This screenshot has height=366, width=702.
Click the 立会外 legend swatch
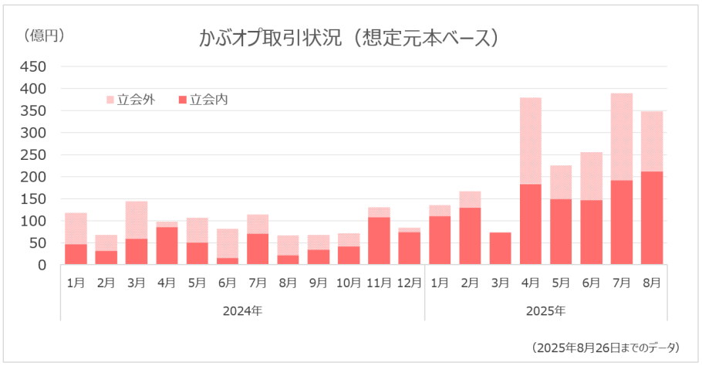coord(110,100)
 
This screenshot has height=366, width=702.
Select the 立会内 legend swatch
coord(183,100)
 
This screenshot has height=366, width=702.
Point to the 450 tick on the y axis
coord(34,67)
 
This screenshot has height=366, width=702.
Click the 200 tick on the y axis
coord(34,177)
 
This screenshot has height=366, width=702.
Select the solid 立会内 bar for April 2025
coord(530,224)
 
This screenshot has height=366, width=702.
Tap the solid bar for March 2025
coord(500,248)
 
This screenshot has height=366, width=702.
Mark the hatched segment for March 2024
coord(137,220)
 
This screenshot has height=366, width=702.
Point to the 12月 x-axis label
coord(409,284)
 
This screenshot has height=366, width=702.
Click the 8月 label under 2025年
coord(652,284)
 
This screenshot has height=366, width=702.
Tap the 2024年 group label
coord(242,311)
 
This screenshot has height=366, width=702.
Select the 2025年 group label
coord(545,311)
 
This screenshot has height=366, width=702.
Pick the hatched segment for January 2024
coord(76,229)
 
